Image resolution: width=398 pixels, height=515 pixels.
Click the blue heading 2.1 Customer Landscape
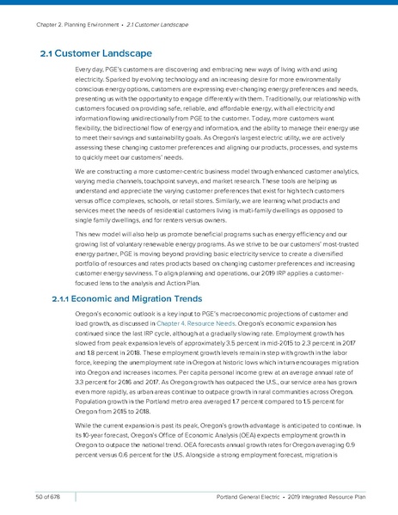click(96, 55)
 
